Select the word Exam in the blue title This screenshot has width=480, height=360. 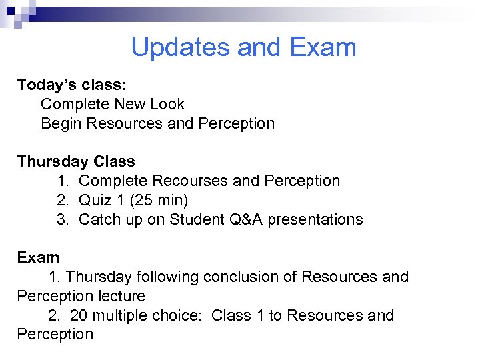(x=323, y=47)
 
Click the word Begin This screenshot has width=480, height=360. (x=61, y=123)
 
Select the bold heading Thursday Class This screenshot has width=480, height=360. (x=76, y=161)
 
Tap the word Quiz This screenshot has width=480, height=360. (x=93, y=200)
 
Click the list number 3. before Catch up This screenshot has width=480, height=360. (x=63, y=219)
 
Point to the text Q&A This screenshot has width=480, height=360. (x=244, y=219)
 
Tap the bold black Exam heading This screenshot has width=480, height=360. (x=38, y=257)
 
